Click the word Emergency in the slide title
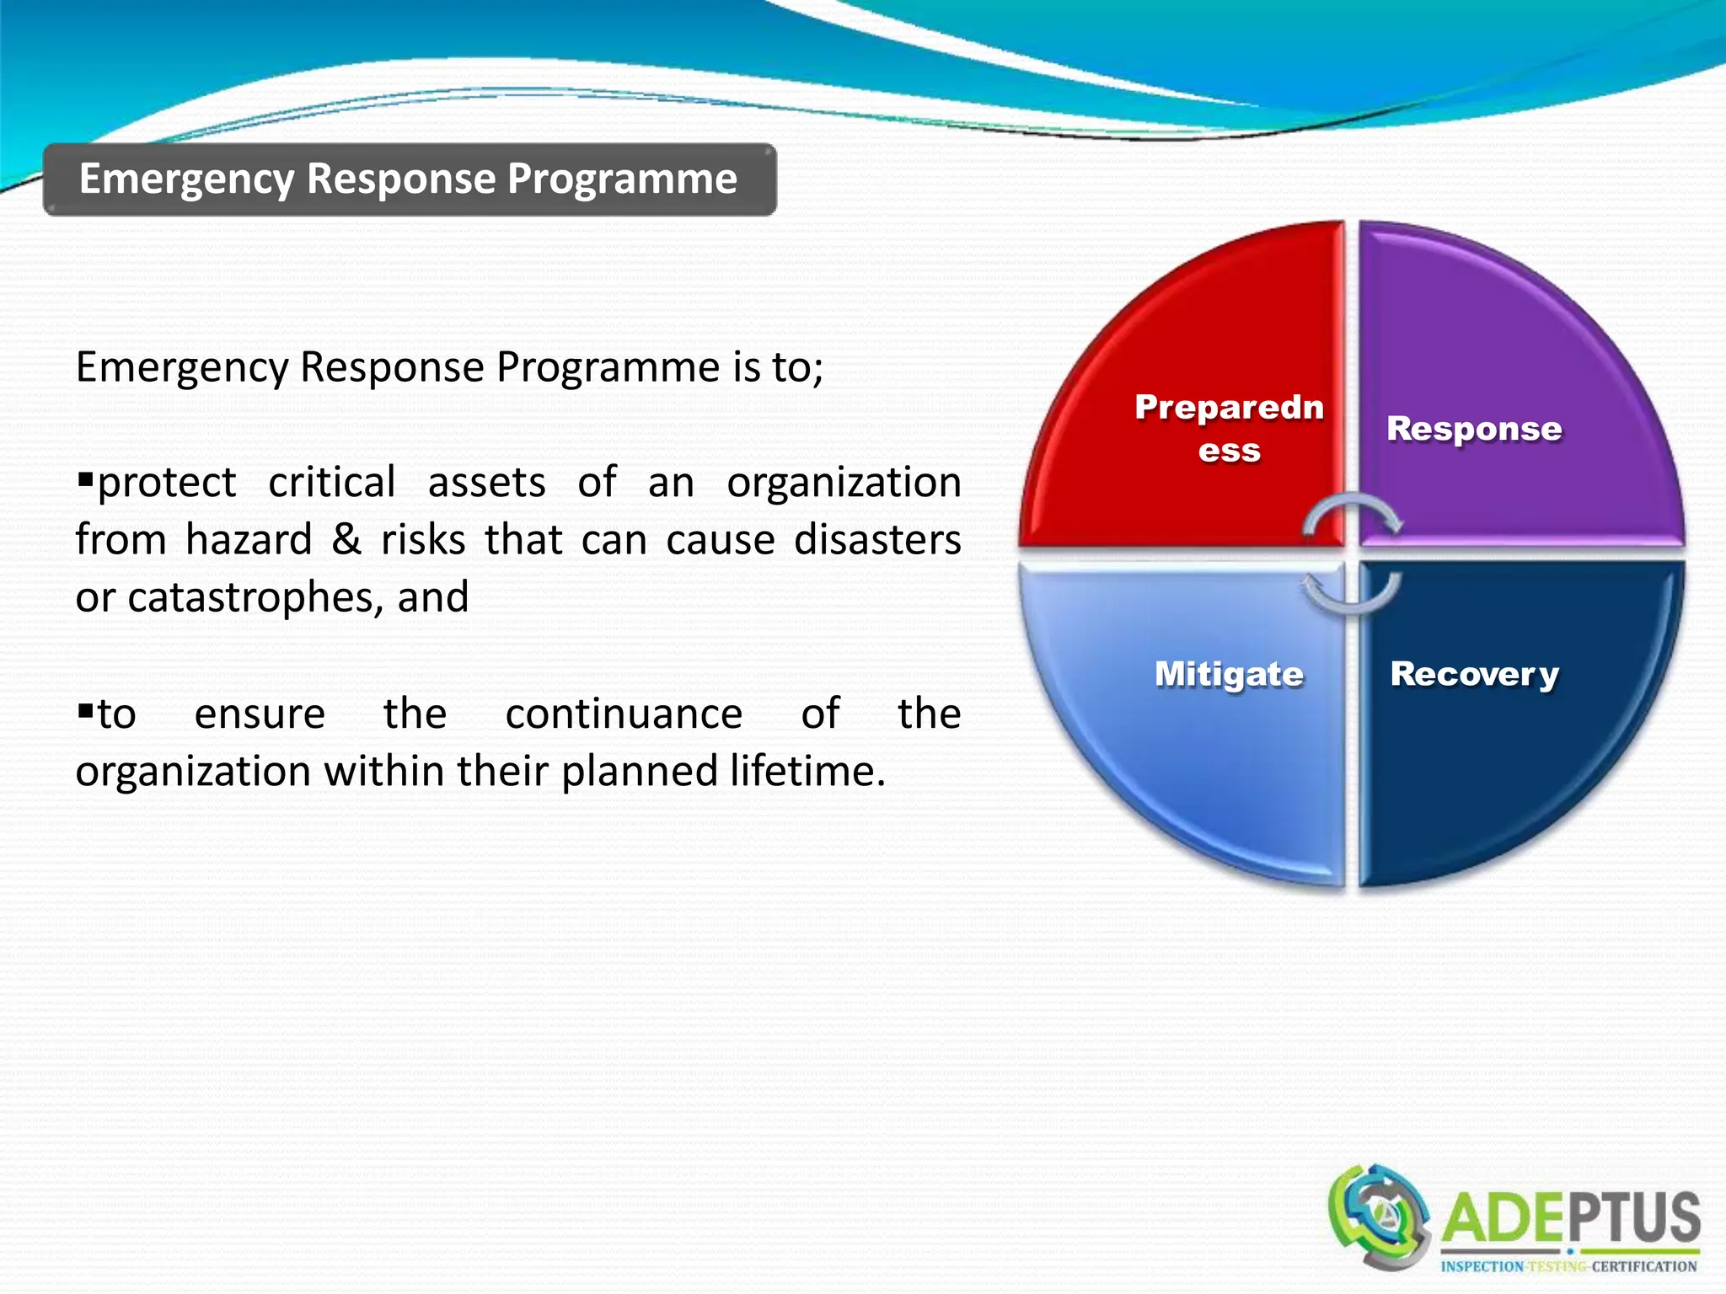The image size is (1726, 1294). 186,179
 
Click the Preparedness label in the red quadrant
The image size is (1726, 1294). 1229,428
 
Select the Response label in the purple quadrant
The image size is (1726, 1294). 1474,429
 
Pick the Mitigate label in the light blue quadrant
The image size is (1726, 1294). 1229,674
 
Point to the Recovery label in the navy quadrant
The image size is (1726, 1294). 1474,674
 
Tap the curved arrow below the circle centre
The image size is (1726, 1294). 1352,594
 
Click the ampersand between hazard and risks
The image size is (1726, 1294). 346,540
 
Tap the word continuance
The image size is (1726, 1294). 624,714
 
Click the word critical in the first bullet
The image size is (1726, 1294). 331,483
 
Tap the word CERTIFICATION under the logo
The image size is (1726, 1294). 1643,1267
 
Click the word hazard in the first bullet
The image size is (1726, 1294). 249,540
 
